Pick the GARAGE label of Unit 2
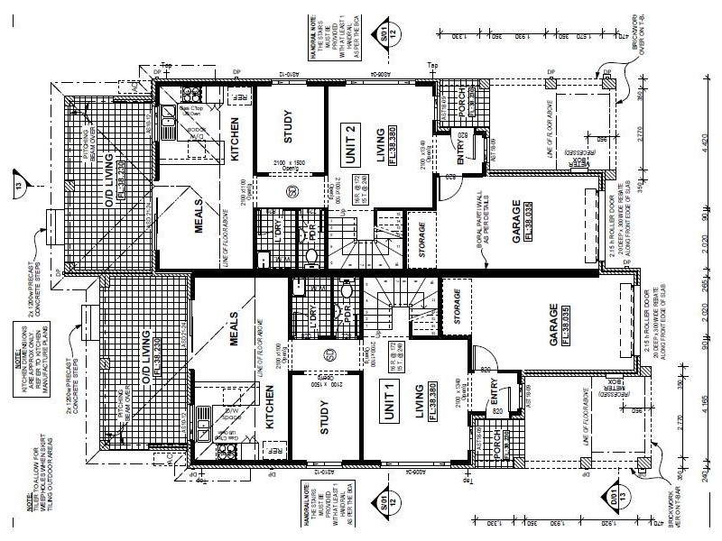515,222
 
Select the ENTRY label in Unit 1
494,394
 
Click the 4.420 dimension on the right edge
705,144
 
